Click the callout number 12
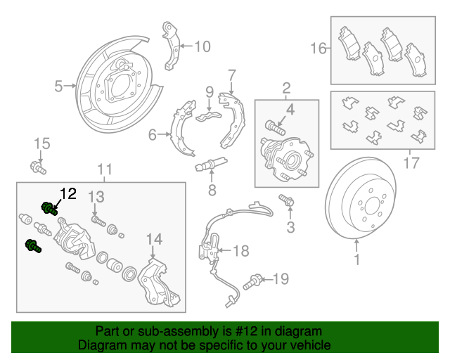tap(67, 193)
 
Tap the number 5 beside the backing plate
tap(59, 86)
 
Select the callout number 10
tap(202, 47)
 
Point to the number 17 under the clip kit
tap(411, 164)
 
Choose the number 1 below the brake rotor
tap(356, 261)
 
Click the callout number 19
tap(281, 280)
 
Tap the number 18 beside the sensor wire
tap(240, 250)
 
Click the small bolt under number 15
tap(38, 168)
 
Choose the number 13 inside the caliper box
tap(96, 195)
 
